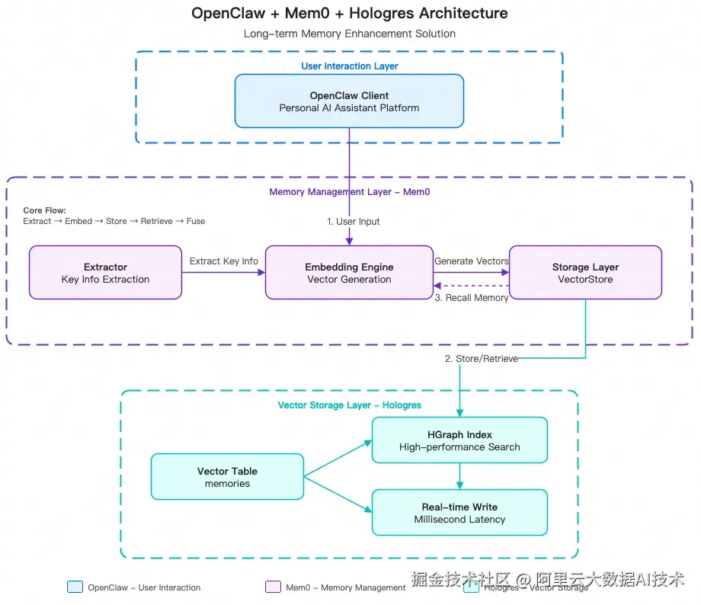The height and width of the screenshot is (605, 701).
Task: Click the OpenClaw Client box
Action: tap(349, 101)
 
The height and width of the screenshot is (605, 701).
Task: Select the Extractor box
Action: tap(105, 273)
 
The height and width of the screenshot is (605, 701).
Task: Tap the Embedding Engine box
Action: tap(349, 273)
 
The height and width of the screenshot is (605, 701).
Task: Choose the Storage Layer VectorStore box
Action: tap(585, 273)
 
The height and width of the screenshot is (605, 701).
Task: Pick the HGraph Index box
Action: tap(459, 440)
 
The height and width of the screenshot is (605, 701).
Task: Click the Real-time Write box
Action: tap(459, 513)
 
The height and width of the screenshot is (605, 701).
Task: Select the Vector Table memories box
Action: tap(227, 477)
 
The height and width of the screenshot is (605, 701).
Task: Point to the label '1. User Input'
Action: tap(354, 222)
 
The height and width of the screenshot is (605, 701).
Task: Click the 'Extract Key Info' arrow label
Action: tap(224, 261)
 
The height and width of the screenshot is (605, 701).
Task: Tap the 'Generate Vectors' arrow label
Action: tap(471, 261)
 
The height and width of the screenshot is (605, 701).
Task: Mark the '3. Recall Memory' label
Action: tap(471, 298)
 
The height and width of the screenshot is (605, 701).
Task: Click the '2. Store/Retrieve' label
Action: tap(481, 359)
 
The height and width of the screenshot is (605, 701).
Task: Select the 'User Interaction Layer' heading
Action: tap(349, 66)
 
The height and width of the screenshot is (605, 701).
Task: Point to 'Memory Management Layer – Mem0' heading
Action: tap(349, 192)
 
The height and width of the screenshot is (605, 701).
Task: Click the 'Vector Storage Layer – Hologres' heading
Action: tap(349, 405)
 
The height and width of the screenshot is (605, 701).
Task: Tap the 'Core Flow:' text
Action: tap(44, 210)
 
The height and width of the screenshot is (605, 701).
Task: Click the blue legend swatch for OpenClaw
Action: tap(75, 587)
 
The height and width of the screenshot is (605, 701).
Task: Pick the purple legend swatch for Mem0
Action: tap(273, 587)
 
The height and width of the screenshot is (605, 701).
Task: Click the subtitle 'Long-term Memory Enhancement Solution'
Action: tap(349, 34)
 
